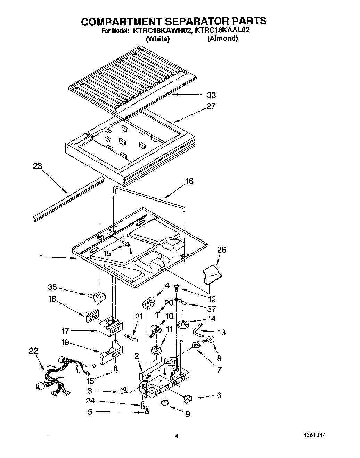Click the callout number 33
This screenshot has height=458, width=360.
point(211,95)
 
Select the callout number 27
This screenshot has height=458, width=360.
point(211,106)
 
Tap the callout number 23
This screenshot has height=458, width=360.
point(37,166)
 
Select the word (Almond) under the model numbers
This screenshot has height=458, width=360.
point(222,39)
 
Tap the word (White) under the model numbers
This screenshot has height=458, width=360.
point(158,39)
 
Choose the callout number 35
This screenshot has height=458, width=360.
point(52,287)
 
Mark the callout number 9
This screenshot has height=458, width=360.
point(187,414)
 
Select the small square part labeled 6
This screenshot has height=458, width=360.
point(188,399)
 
